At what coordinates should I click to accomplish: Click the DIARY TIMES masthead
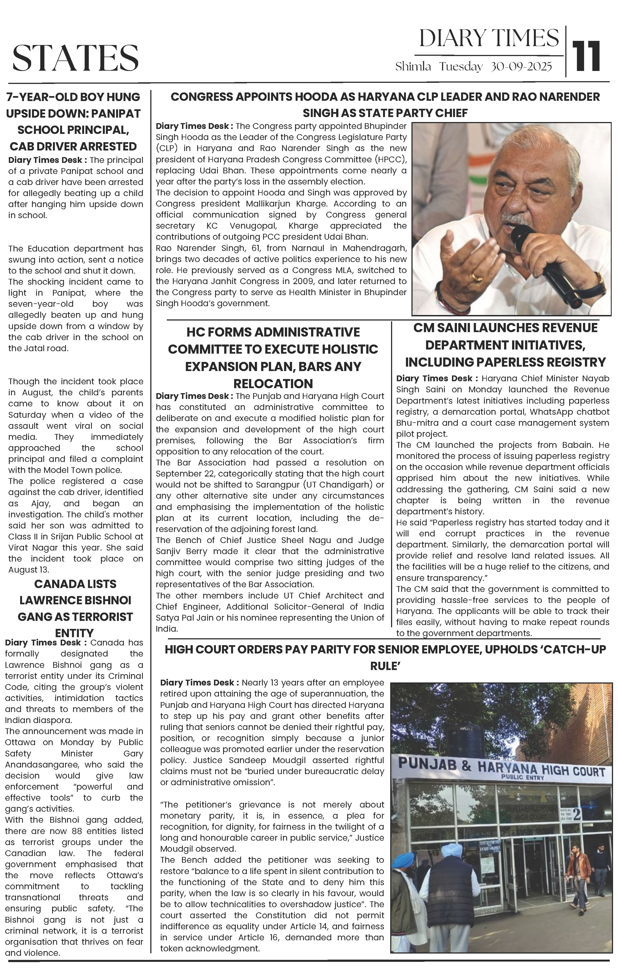coord(489,39)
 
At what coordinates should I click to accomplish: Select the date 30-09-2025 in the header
coord(521,67)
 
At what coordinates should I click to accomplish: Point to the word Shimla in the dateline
coord(413,67)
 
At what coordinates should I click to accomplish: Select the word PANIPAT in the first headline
coord(116,113)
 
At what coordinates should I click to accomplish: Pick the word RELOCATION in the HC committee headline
coord(273,383)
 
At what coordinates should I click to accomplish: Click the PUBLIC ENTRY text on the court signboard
coord(522,777)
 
